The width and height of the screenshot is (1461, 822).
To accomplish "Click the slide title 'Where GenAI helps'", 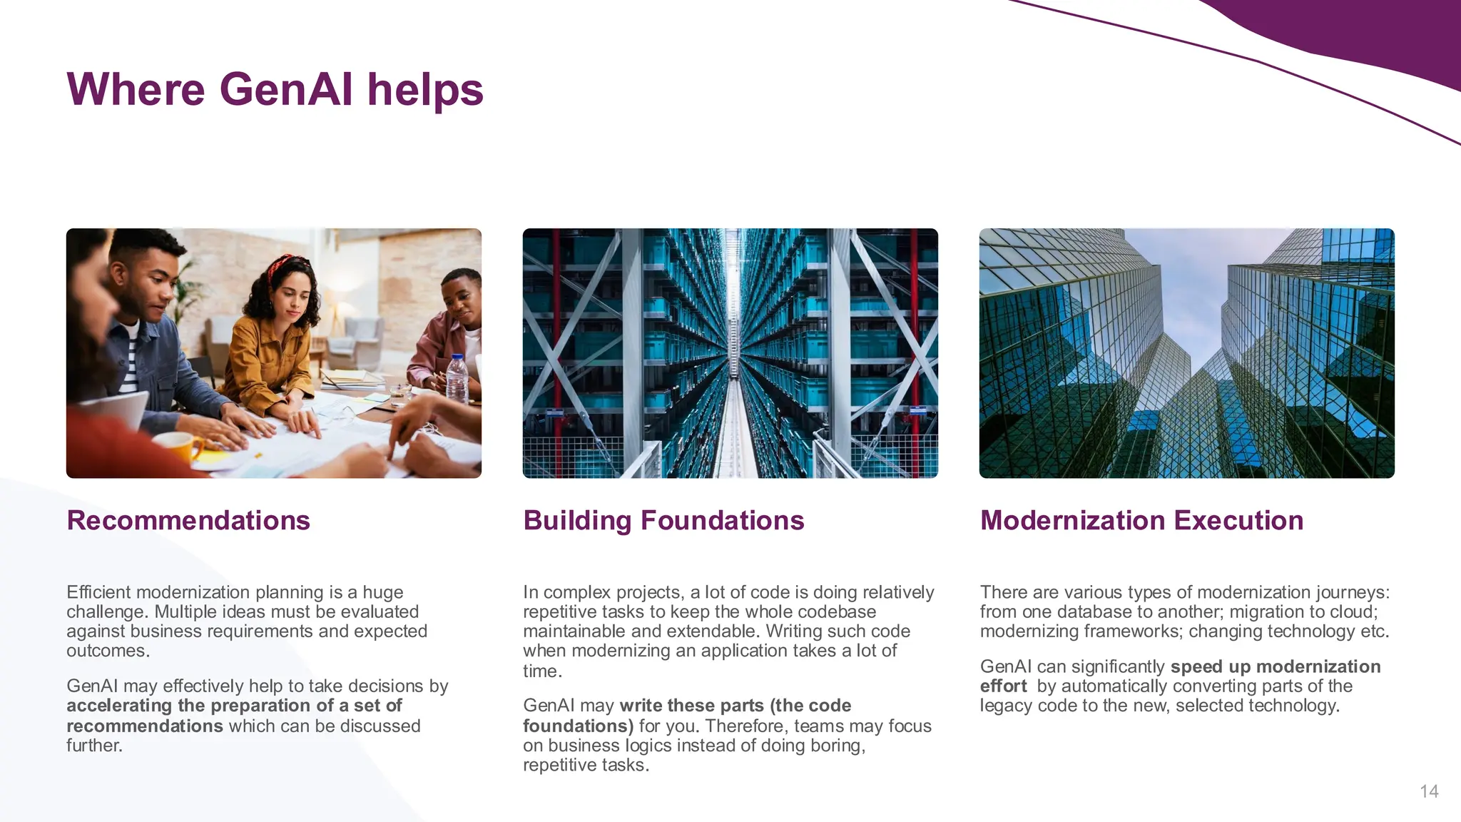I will click(275, 90).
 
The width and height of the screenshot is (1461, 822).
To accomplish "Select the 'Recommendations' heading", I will click(188, 520).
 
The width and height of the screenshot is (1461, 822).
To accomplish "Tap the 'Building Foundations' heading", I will click(663, 520).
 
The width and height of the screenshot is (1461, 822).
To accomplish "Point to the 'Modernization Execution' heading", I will click(1141, 520).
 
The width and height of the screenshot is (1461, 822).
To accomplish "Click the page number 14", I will click(1429, 791).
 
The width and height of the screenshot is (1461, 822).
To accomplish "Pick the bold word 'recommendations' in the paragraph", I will click(145, 726).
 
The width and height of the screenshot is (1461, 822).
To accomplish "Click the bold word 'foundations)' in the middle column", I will click(578, 726).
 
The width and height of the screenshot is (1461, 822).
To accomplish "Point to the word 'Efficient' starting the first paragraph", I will click(98, 592).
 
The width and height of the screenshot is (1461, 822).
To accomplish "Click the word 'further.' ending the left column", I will click(94, 745).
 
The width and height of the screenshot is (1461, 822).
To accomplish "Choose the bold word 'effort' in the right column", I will click(1003, 686).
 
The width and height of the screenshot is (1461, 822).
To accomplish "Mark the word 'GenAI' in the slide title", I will click(286, 90).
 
